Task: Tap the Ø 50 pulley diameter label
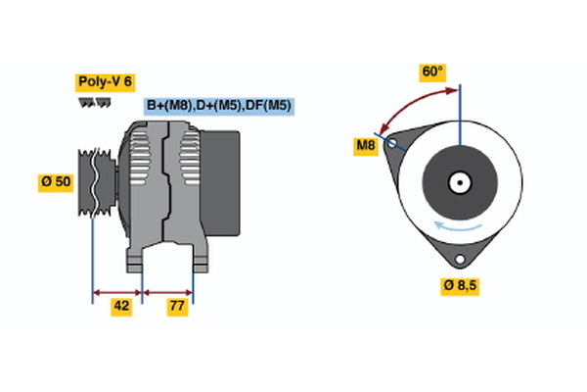point(56,183)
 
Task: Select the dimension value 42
point(121,306)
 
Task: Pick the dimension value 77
point(176,306)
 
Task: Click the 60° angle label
point(431,72)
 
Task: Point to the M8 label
point(366,147)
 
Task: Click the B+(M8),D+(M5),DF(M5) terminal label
point(219,106)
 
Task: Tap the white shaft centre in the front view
point(458,182)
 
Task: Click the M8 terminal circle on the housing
point(392,143)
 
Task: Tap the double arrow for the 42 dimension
point(117,291)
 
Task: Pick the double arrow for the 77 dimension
point(168,291)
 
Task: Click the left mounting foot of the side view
point(136,259)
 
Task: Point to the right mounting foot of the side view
point(200,259)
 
